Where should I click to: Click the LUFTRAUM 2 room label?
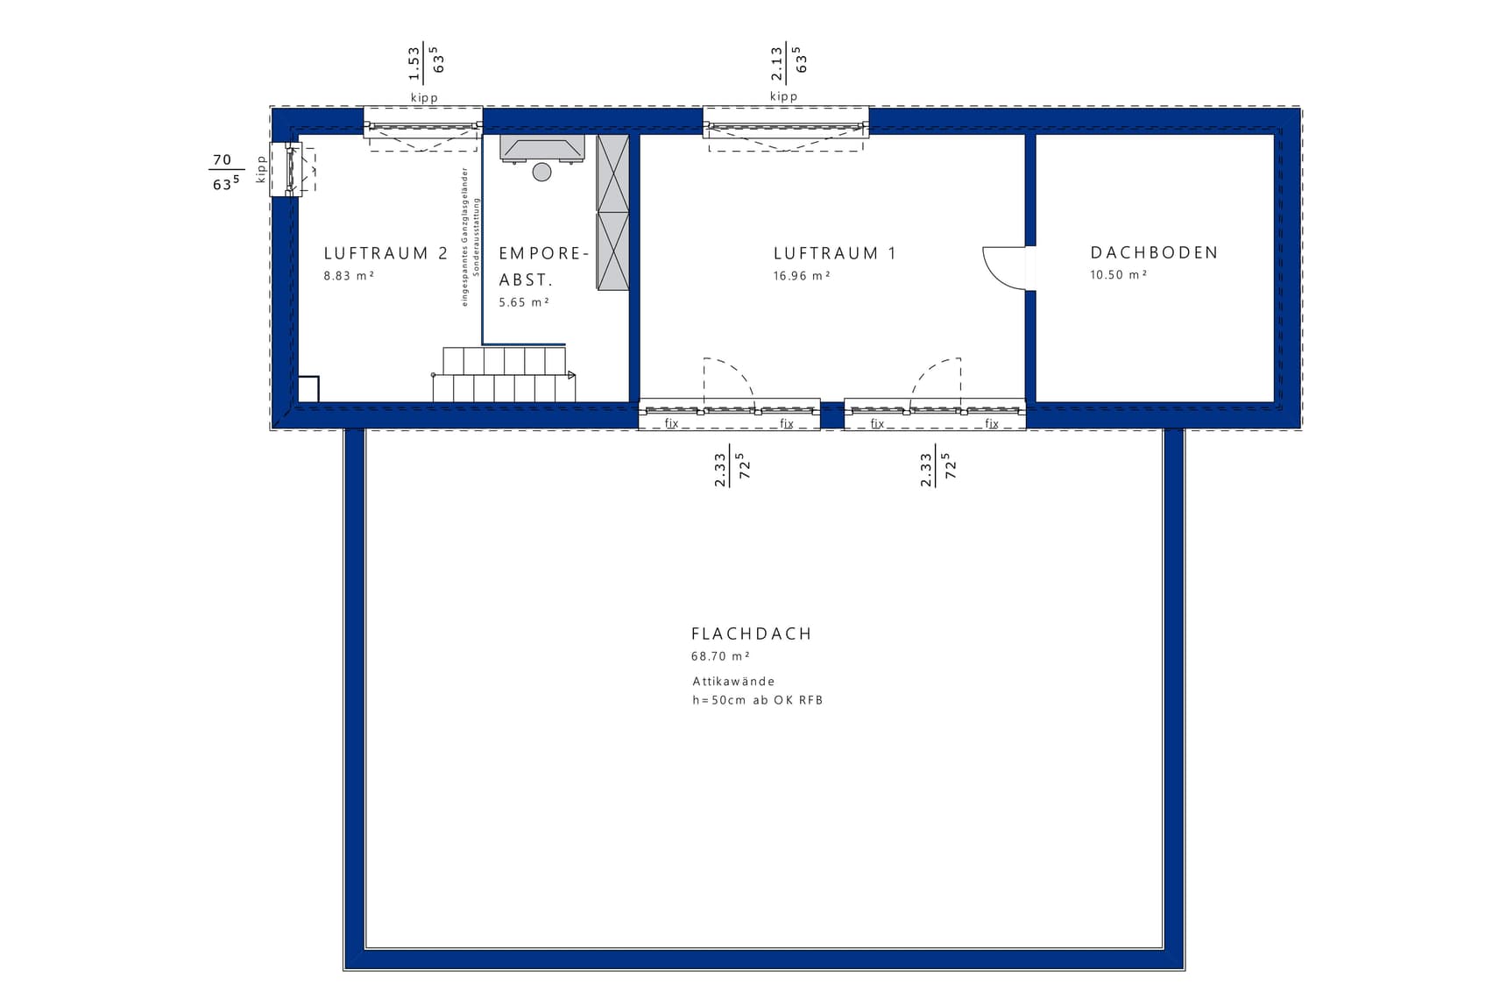click(386, 253)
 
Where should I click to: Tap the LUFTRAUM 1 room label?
click(835, 253)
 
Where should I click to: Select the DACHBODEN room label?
click(1154, 252)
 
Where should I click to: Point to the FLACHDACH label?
click(751, 633)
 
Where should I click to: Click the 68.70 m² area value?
click(720, 656)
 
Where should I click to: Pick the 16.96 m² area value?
click(801, 275)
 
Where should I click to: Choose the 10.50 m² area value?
click(1118, 274)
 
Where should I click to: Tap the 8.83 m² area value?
click(349, 275)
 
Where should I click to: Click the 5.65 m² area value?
click(524, 302)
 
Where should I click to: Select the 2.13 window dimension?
click(777, 64)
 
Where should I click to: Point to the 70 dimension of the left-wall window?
click(223, 159)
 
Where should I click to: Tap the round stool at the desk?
click(542, 172)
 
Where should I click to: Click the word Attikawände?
click(733, 681)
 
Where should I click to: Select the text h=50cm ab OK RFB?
click(757, 700)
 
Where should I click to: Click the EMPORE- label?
click(543, 253)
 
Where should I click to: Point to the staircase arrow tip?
click(575, 375)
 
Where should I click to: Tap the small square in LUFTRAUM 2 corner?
click(308, 389)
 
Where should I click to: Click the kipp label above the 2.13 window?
click(784, 96)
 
